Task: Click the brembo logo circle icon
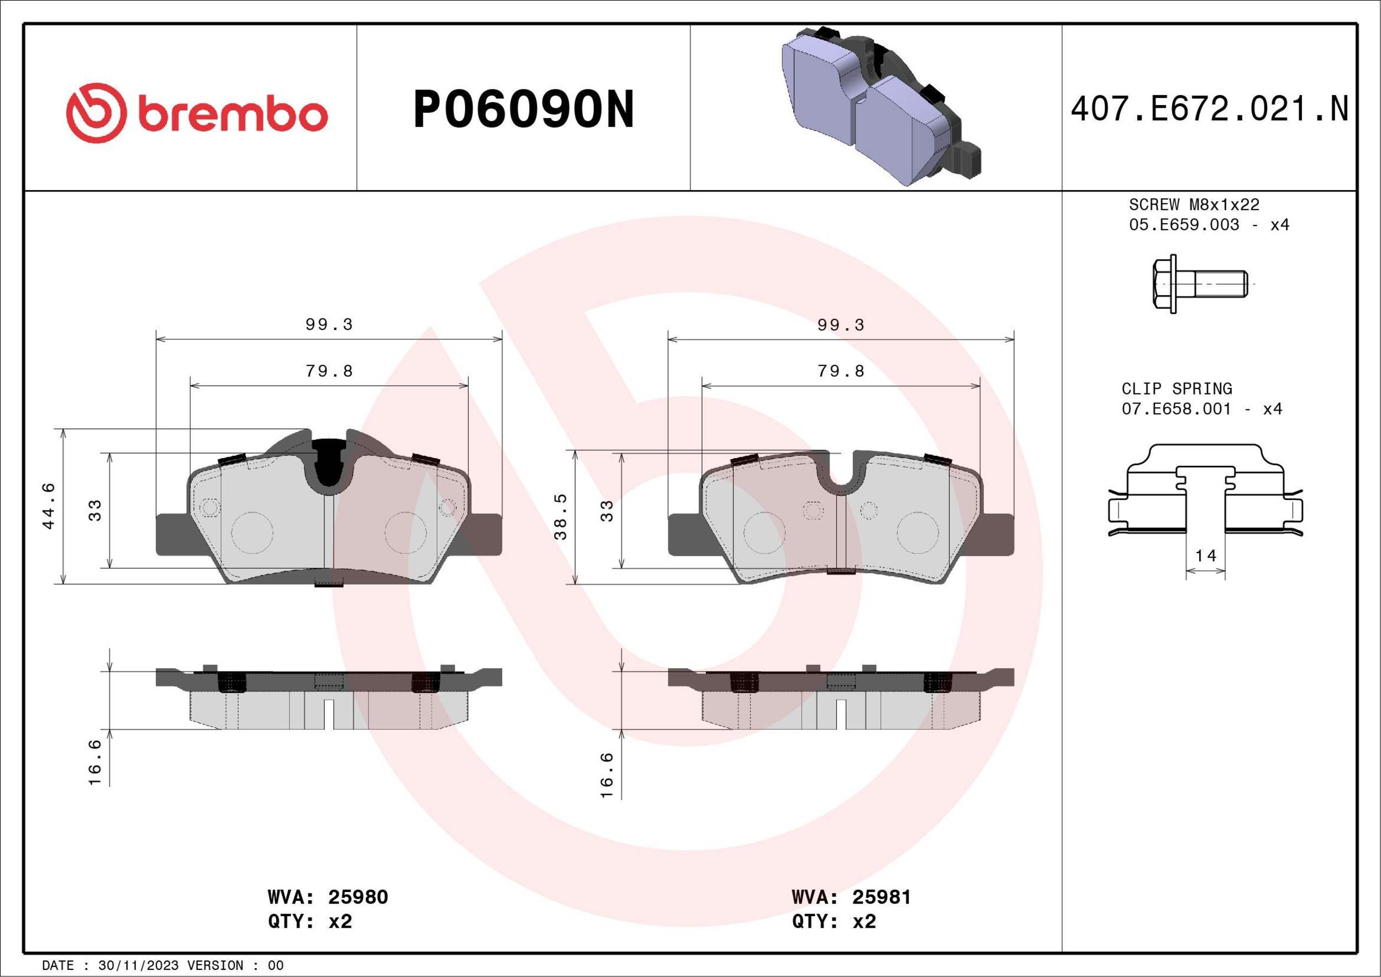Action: (96, 113)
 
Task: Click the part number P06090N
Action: (523, 109)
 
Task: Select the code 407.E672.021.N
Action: (1209, 109)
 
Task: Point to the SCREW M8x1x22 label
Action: (1193, 204)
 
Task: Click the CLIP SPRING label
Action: (1177, 388)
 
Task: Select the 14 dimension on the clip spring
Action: (1205, 555)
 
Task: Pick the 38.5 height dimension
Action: (561, 517)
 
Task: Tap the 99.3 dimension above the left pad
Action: (329, 324)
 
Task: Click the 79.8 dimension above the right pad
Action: (841, 371)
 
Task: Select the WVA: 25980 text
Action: (328, 897)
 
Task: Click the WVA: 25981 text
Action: (851, 897)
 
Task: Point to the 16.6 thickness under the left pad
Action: (95, 762)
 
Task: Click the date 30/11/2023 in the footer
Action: (138, 965)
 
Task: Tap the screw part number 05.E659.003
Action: (1184, 225)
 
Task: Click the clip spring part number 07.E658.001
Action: (1177, 409)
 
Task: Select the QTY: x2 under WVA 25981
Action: (834, 922)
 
